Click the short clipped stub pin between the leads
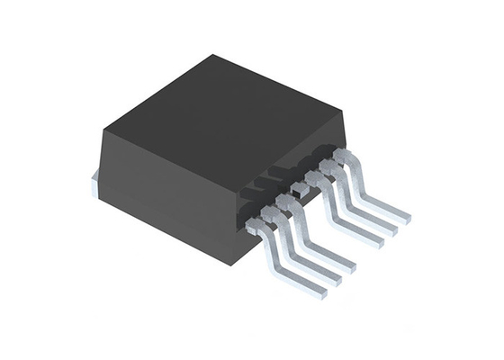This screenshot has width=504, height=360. pyautogui.click(x=295, y=189)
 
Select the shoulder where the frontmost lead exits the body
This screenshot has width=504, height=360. pyautogui.click(x=255, y=222)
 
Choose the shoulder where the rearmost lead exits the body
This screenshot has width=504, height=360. pyautogui.click(x=340, y=157)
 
